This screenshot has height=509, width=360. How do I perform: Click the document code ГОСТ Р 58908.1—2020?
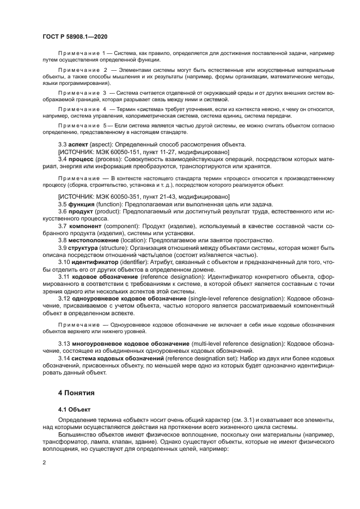(74, 36)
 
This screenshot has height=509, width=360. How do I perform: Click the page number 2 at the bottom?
(45, 462)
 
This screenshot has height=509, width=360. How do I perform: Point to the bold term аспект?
(80, 144)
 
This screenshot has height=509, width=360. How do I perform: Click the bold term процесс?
(81, 160)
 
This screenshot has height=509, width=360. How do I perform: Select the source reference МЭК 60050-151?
(118, 152)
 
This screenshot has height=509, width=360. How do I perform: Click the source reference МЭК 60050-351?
(118, 195)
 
